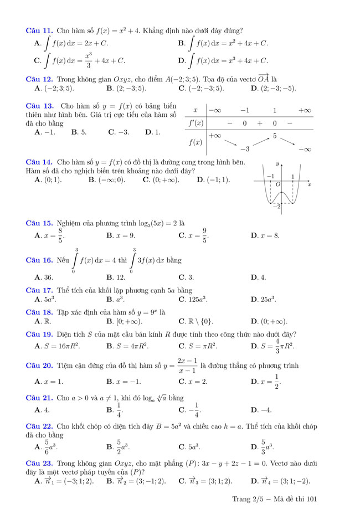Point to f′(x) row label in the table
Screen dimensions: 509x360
[x=196, y=123]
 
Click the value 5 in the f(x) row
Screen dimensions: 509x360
[x=274, y=136]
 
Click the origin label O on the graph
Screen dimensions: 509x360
[x=277, y=184]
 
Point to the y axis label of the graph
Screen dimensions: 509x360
[x=277, y=164]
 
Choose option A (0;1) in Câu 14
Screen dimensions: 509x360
[x=48, y=179]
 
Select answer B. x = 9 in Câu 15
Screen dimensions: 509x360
[x=121, y=235]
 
